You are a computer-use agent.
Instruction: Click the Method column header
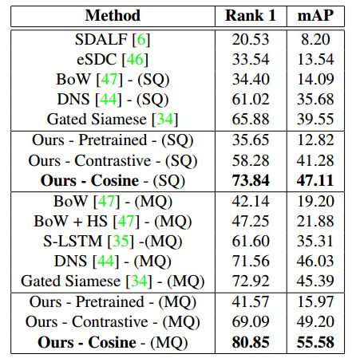coord(113,15)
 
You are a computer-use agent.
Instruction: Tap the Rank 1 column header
coord(251,15)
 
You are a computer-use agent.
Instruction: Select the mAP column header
coord(315,15)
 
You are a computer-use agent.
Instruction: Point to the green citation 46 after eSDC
coord(135,59)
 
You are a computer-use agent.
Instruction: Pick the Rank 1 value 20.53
coord(251,40)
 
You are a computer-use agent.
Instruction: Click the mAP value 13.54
coord(315,59)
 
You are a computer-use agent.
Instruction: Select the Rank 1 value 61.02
coord(251,99)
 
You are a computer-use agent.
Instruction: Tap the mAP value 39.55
coord(315,119)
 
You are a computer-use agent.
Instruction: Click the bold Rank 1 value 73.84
coord(251,180)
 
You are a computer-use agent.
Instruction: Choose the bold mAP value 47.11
coord(315,180)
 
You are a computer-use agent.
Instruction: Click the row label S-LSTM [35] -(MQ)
coord(113,242)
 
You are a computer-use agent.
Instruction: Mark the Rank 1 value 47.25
coord(251,221)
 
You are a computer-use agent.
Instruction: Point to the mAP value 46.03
coord(315,261)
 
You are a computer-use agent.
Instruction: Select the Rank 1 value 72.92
coord(251,281)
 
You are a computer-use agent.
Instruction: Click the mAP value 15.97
coord(315,301)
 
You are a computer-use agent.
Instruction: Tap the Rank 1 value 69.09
coord(251,321)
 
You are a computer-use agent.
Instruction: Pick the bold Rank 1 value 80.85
coord(251,342)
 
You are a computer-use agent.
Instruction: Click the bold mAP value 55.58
coord(315,342)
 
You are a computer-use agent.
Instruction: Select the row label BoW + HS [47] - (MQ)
coord(113,222)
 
